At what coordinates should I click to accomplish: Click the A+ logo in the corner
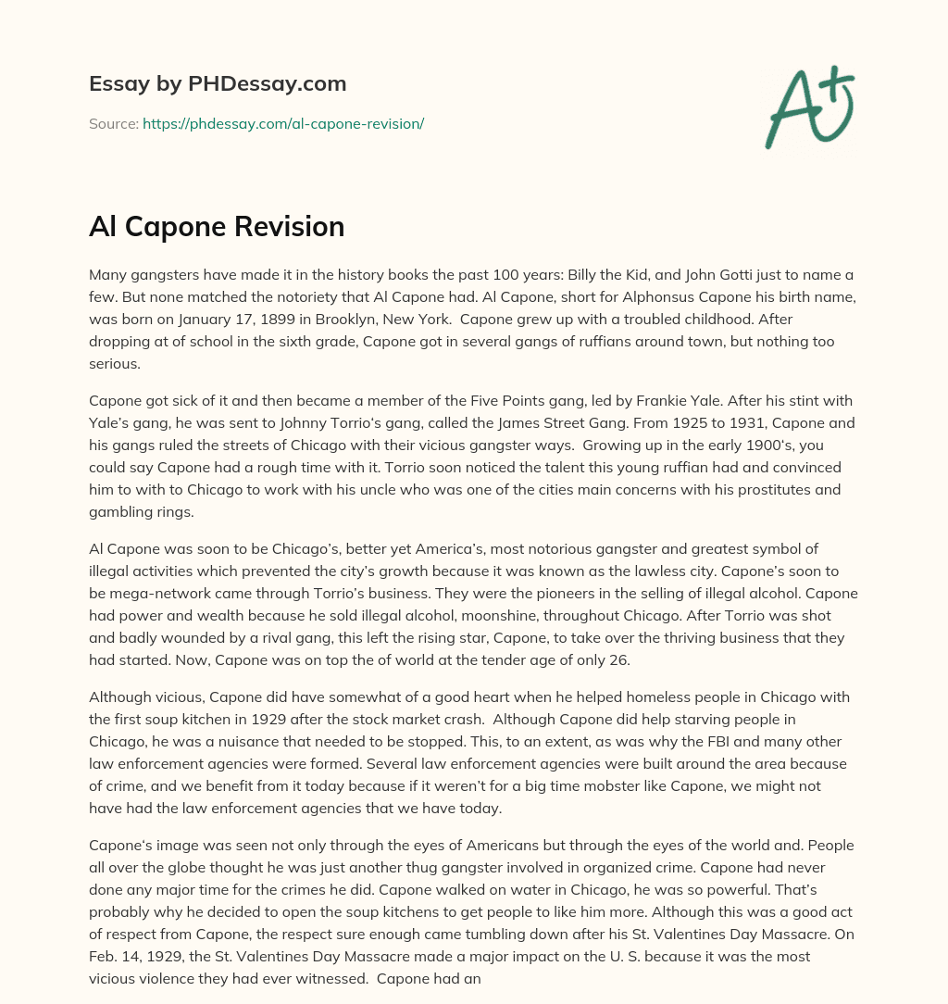809,107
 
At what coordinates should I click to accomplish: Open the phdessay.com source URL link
282,123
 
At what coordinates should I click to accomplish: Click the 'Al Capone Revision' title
217,227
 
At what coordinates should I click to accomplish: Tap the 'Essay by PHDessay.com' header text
218,83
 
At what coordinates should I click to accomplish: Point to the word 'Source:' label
113,123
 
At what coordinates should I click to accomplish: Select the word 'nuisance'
276,741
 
